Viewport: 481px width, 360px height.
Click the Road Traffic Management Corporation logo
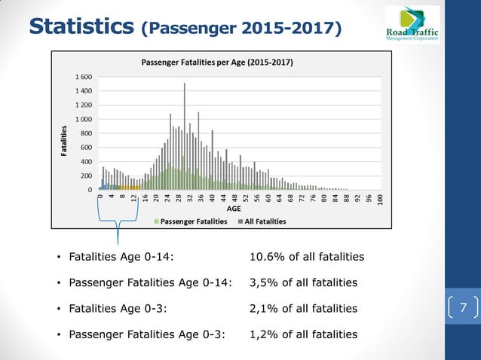pos(412,25)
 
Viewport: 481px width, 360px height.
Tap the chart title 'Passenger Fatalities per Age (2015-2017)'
pos(218,62)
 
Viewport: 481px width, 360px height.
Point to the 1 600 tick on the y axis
pos(84,78)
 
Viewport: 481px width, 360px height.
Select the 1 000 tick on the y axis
pos(84,120)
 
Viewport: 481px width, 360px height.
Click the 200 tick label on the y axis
pos(86,176)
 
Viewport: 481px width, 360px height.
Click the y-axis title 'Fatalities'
pos(66,141)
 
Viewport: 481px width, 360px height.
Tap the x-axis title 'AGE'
pos(234,209)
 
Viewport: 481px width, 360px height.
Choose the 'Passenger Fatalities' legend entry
pos(193,221)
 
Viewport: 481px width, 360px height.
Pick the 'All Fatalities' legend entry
pos(263,221)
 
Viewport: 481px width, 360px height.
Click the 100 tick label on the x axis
pos(381,198)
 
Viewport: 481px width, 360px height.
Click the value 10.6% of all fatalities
pos(306,257)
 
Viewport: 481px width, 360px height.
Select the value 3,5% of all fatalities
pos(303,282)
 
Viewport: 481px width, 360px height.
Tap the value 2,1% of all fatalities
pos(303,308)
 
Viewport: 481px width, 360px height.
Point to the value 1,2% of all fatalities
pos(303,334)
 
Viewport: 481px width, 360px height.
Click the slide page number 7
pos(463,307)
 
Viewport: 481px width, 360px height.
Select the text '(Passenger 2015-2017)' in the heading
pos(241,28)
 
